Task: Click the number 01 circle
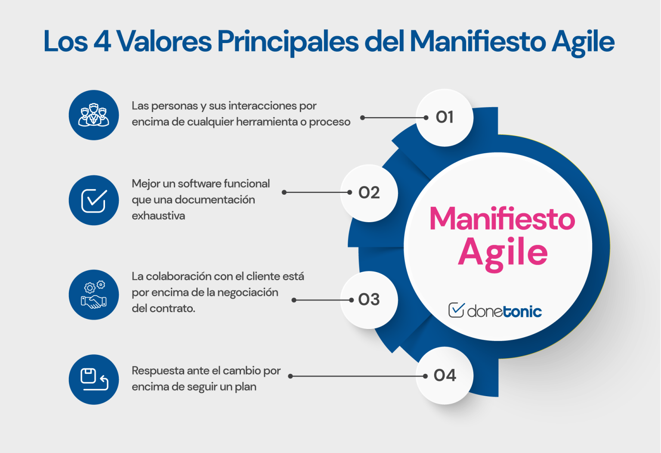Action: [x=445, y=117]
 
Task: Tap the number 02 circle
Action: [x=369, y=192]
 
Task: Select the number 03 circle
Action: [x=369, y=300]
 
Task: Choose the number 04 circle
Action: [x=445, y=375]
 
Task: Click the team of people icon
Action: [x=94, y=115]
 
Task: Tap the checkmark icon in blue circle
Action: [x=94, y=200]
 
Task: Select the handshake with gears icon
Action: [x=94, y=295]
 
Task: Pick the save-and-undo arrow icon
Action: [x=94, y=379]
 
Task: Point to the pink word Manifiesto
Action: [x=502, y=219]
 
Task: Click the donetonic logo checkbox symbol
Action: [x=456, y=310]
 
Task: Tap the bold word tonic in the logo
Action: [x=522, y=311]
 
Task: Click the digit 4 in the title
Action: [x=102, y=42]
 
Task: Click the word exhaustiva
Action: [x=158, y=216]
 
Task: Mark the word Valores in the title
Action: [x=164, y=42]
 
